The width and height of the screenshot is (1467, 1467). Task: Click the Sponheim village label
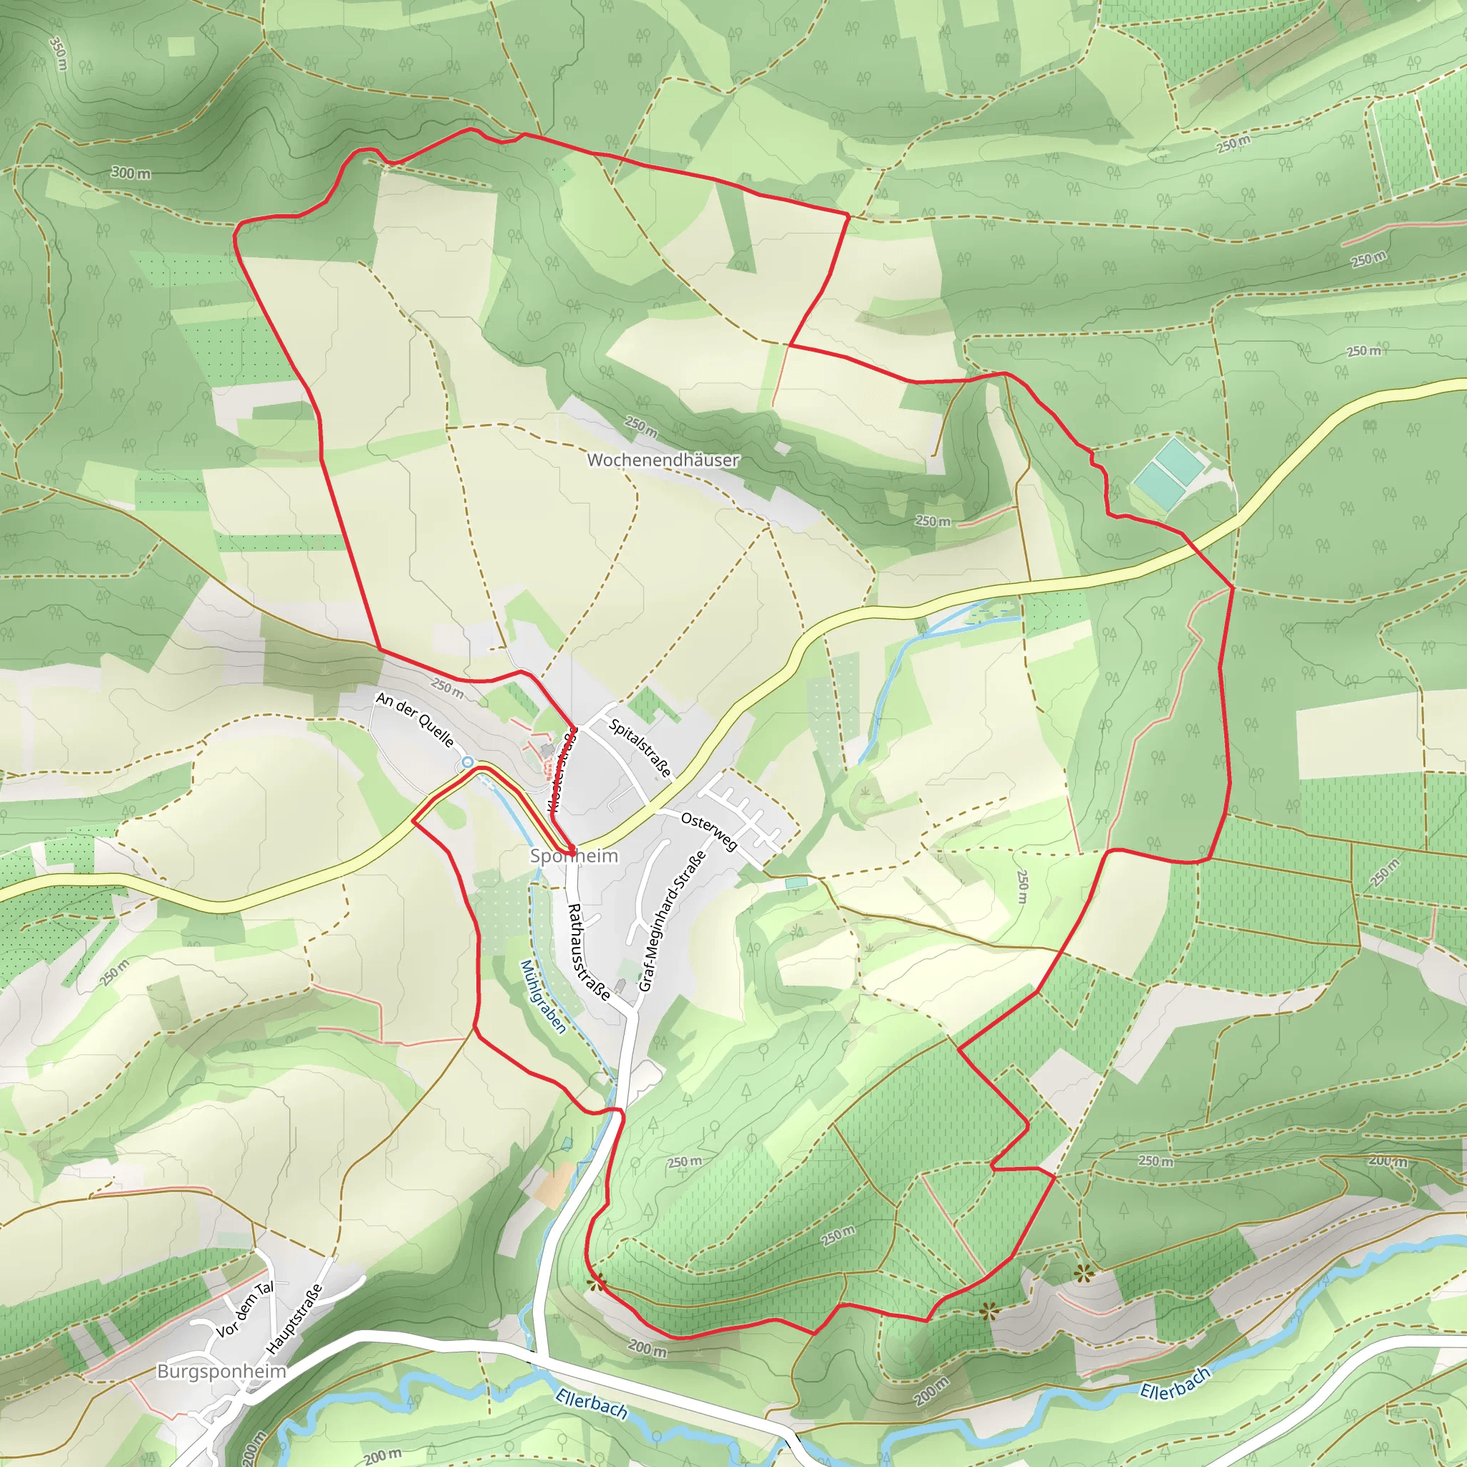coord(574,857)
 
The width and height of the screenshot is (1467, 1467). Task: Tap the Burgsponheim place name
coord(222,1371)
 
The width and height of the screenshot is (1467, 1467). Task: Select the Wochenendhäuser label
coord(663,460)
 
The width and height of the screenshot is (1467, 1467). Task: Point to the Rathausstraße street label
coord(589,952)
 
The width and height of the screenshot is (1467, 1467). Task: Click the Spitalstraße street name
coord(641,748)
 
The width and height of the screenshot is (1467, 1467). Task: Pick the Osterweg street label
coord(709,832)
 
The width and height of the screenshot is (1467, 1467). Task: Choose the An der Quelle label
coord(415,719)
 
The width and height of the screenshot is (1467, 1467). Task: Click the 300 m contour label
coord(131,173)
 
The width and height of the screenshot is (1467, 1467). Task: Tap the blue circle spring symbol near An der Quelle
coord(468,761)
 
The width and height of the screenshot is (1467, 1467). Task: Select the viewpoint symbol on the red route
coord(596,1283)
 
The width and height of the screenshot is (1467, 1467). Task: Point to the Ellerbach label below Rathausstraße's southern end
coord(592,1404)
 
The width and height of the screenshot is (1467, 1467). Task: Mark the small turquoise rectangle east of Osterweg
coord(797,883)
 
